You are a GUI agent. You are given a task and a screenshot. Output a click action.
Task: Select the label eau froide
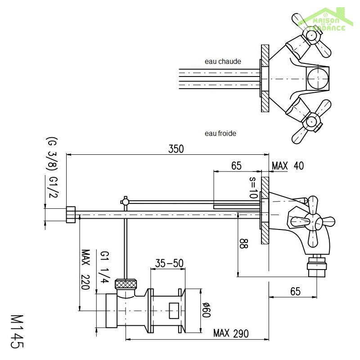tap(220, 133)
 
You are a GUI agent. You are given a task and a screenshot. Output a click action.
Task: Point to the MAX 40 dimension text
tap(288, 166)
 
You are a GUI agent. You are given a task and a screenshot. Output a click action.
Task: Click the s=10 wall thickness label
tap(252, 188)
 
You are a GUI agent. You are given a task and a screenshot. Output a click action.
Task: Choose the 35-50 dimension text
tap(169, 263)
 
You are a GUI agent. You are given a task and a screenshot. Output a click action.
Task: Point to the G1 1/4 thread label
tap(104, 268)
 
